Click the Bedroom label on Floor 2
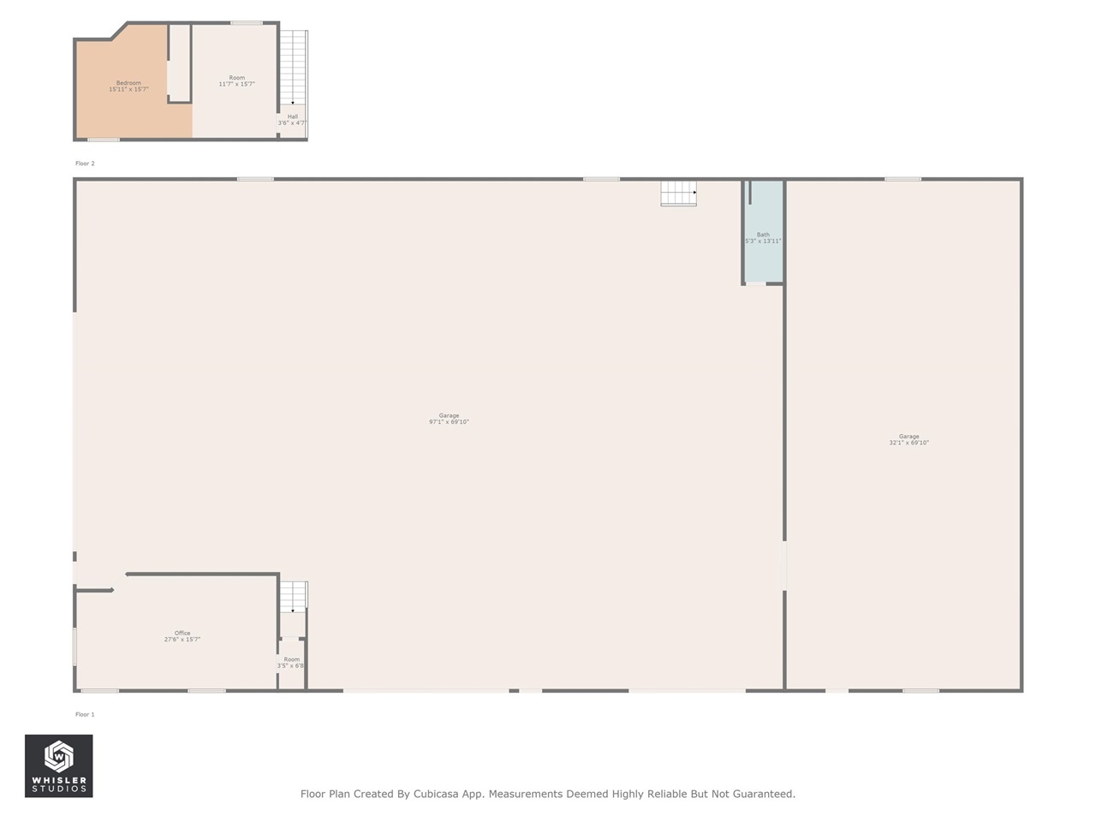click(x=128, y=86)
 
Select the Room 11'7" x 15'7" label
click(x=236, y=80)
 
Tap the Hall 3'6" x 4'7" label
click(x=292, y=120)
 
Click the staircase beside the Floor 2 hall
click(x=294, y=67)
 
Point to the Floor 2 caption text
click(x=85, y=164)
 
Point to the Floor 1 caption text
click(x=85, y=714)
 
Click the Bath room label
click(x=763, y=238)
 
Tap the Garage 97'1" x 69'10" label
click(x=449, y=419)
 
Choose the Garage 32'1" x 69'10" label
click(x=908, y=439)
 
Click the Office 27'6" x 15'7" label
click(x=182, y=636)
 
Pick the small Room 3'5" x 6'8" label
click(x=291, y=663)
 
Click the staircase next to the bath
click(x=678, y=194)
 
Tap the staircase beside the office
click(x=294, y=597)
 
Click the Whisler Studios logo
click(x=59, y=765)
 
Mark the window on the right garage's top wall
click(x=902, y=179)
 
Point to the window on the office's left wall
click(x=74, y=646)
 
